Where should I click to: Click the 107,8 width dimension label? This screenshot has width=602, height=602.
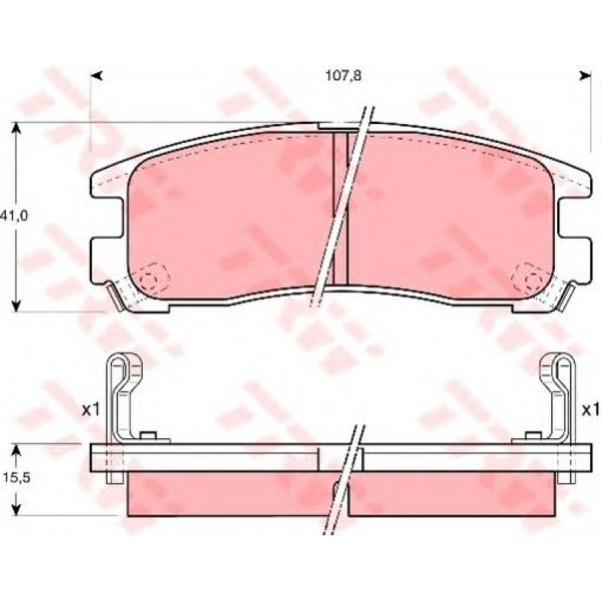click(343, 76)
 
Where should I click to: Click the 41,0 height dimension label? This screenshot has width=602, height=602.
click(14, 216)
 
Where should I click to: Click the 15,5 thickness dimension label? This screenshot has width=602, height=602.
click(16, 478)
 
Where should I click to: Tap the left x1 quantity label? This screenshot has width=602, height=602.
click(90, 411)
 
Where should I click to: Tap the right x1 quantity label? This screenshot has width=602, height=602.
click(590, 411)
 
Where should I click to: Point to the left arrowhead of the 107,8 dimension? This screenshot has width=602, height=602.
click(96, 76)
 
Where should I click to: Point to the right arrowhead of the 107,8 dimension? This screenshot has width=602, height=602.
click(585, 76)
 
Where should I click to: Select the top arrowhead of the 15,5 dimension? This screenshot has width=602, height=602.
click(16, 450)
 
